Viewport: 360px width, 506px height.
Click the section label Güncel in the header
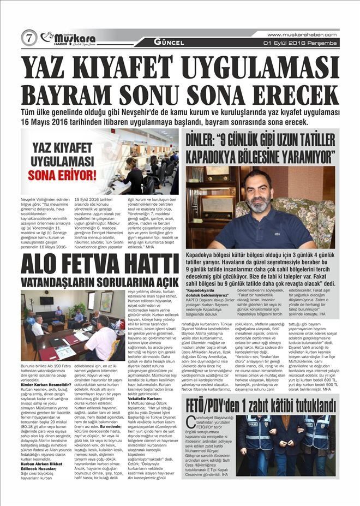pyautogui.click(x=169, y=42)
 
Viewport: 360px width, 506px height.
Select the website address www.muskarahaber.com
pyautogui.click(x=304, y=34)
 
